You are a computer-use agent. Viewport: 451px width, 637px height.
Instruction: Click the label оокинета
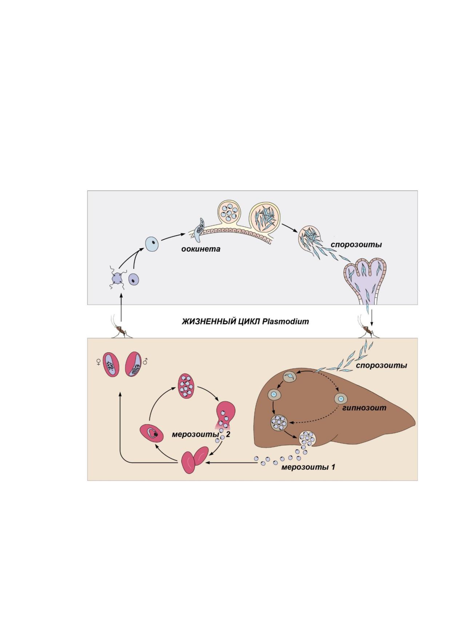[x=201, y=249]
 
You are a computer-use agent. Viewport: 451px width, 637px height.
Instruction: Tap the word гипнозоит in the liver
[x=364, y=408]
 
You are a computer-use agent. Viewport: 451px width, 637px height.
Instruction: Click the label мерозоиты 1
[x=308, y=467]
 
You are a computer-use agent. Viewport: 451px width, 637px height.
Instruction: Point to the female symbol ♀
[x=98, y=362]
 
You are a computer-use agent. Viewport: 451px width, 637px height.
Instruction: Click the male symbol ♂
[x=145, y=361]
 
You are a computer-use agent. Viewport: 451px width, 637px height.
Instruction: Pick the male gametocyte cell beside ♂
[x=133, y=364]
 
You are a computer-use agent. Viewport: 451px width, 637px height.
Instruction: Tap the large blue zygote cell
[x=152, y=244]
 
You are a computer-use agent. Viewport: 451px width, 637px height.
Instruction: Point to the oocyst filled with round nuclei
[x=230, y=212]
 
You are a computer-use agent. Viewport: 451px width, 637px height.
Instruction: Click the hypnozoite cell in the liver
[x=341, y=399]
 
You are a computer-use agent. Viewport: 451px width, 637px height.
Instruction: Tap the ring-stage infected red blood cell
[x=151, y=433]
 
